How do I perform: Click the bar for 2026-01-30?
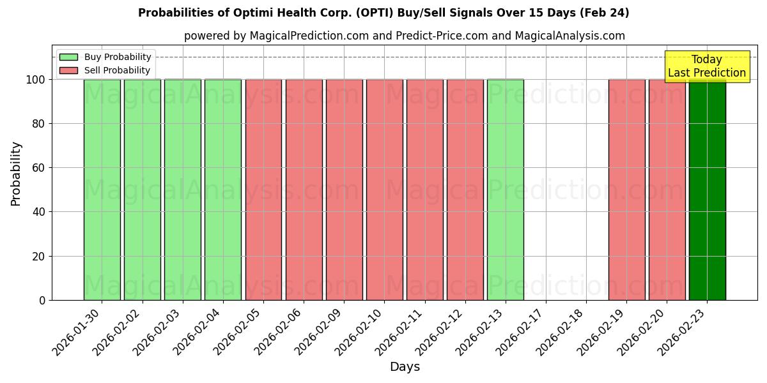pos(102,190)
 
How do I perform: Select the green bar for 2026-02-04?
pos(223,190)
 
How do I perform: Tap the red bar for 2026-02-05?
pos(263,190)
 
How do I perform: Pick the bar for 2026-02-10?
pos(384,190)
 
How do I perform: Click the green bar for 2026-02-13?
pos(505,190)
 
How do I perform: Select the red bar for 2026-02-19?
pos(626,190)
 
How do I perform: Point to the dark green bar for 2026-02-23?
pos(707,190)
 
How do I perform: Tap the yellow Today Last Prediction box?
pos(706,66)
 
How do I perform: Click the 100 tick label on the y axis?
pos(36,80)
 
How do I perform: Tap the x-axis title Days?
pos(405,367)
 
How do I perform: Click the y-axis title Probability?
pos(16,173)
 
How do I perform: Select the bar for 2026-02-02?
pos(142,190)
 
